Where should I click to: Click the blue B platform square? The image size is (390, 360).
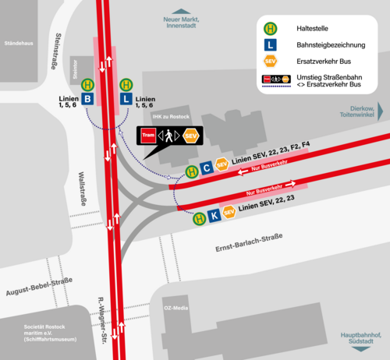pos(88,100)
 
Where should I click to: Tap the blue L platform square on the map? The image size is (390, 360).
pos(125,100)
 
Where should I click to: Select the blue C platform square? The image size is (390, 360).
pos(206,168)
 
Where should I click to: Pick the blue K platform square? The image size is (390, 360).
pos(214,215)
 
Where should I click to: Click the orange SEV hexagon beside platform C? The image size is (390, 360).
pos(222,164)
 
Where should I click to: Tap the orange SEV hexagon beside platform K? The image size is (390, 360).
pos(229,211)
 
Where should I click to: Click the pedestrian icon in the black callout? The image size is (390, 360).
pos(170,136)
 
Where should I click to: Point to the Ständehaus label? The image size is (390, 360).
pos(19,43)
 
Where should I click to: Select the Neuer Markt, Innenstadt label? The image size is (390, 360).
pos(176,22)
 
